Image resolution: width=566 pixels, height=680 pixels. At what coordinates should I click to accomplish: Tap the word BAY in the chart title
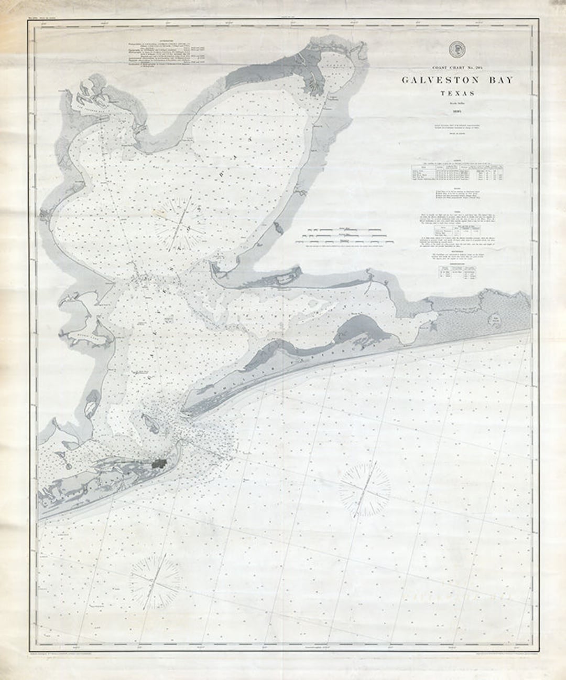496,80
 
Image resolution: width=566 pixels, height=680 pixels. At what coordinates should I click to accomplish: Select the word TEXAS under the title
458,94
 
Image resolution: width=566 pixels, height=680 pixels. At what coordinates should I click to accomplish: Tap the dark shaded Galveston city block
159,463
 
